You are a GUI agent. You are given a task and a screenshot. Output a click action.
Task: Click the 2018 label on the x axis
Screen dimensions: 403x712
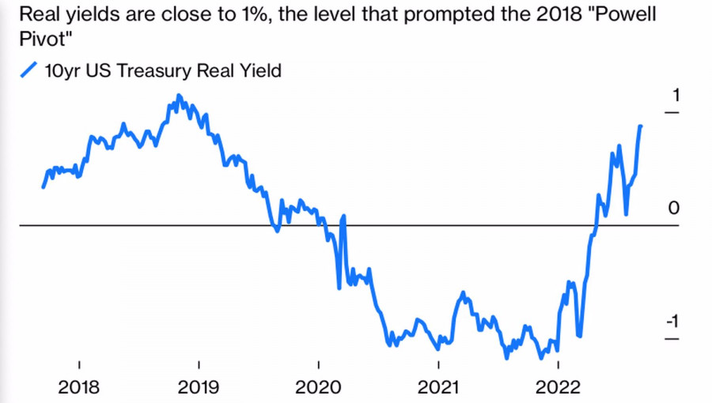coord(79,388)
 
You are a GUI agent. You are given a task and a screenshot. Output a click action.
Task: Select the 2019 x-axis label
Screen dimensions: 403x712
coord(199,388)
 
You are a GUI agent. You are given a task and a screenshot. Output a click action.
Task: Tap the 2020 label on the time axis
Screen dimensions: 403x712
coord(319,388)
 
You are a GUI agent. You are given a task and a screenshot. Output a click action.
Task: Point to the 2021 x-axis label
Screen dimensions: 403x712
coord(438,388)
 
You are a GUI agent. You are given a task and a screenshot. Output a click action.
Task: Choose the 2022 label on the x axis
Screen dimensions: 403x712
coord(559,388)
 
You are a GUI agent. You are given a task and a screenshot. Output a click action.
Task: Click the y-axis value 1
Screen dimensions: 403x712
coord(675,96)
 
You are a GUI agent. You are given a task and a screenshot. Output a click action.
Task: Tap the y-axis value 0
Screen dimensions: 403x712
coord(674,208)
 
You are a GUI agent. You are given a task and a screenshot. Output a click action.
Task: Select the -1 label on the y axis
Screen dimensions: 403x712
coord(672,321)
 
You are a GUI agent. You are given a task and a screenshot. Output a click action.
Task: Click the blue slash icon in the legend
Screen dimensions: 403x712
coord(28,70)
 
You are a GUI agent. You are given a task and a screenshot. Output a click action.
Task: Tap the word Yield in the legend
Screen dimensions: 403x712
coord(260,71)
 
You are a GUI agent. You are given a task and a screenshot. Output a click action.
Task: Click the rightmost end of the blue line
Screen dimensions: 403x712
coord(641,126)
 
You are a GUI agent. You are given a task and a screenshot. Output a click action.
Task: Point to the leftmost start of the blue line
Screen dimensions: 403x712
coord(43,187)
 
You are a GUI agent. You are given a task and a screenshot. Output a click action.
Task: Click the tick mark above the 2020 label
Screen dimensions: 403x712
coord(319,364)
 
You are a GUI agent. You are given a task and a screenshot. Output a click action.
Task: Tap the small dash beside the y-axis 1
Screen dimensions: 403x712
coord(672,114)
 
